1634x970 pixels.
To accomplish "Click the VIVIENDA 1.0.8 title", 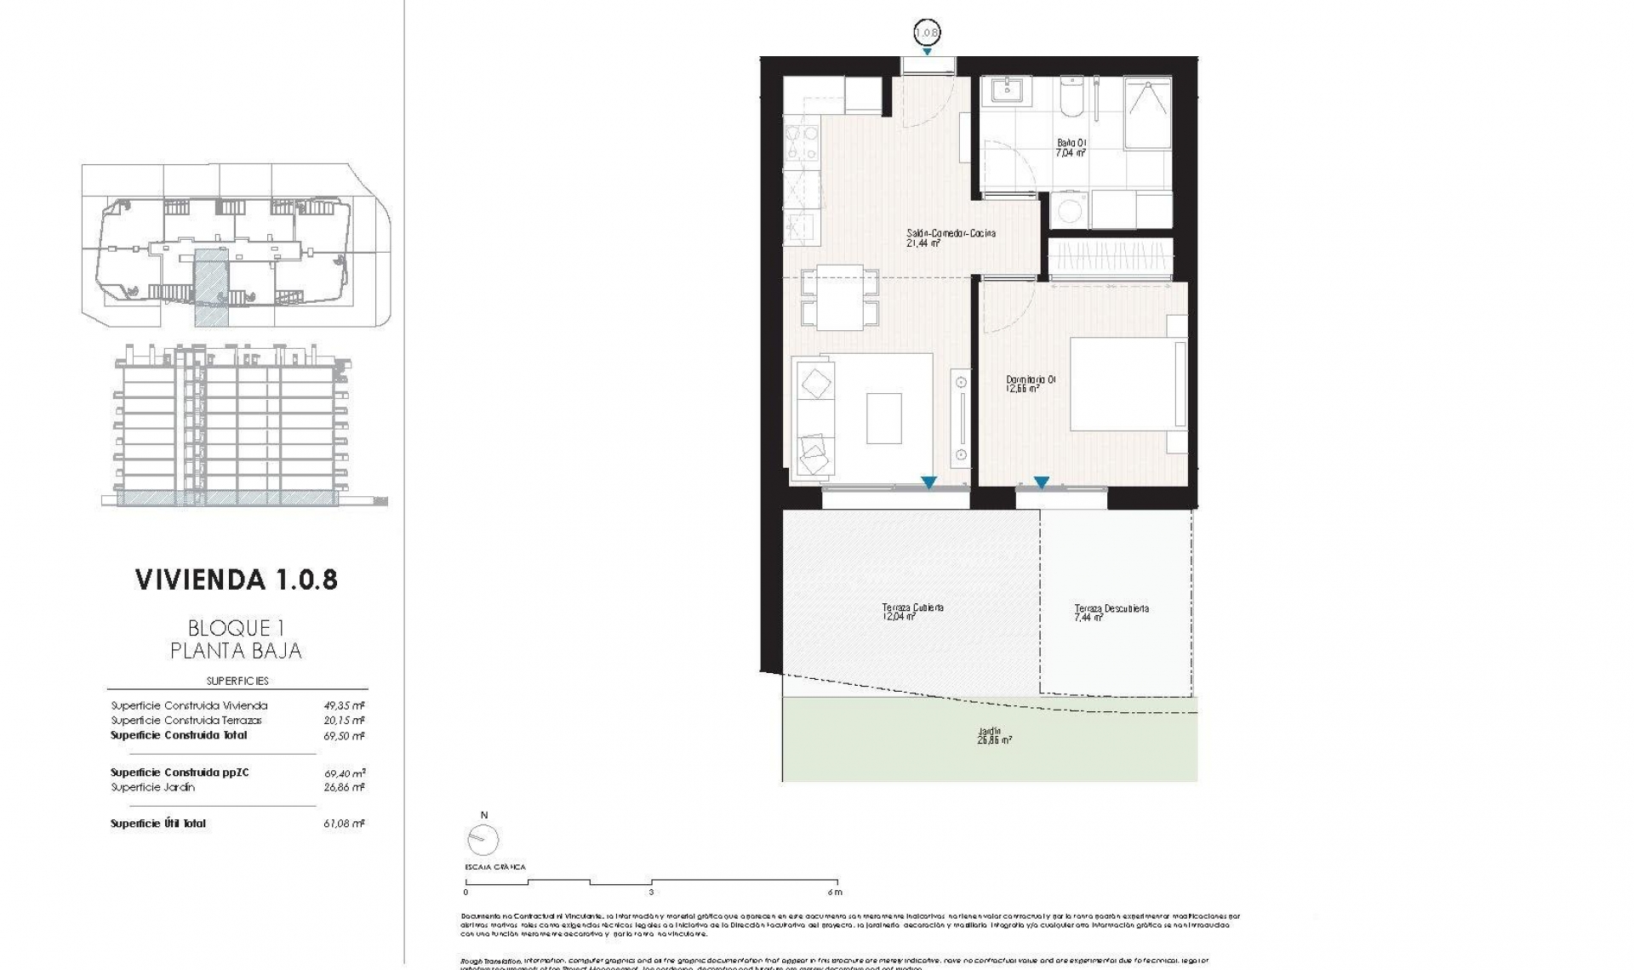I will (x=237, y=580).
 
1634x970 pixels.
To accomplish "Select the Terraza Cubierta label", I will (x=912, y=612).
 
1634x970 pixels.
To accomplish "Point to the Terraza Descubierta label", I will (x=1111, y=613).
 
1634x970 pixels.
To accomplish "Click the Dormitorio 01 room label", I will (x=1030, y=384).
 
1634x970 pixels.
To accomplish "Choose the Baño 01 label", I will (x=1071, y=148).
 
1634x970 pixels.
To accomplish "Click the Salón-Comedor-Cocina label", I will (x=950, y=237).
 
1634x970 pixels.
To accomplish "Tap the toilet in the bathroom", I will (x=1071, y=99).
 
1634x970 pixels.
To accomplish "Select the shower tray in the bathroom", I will (x=1147, y=114).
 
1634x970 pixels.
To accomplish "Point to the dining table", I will (x=840, y=298).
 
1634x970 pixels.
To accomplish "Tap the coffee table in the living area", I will (x=884, y=418).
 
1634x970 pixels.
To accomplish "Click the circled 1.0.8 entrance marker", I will (x=926, y=33).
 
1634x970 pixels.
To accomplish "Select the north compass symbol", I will (x=483, y=841).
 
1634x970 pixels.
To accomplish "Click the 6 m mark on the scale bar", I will (x=837, y=892).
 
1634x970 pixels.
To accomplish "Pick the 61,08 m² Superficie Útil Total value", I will (x=344, y=824).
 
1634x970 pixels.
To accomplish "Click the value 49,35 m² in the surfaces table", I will (x=344, y=705).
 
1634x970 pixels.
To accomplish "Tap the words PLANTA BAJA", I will (x=236, y=651).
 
